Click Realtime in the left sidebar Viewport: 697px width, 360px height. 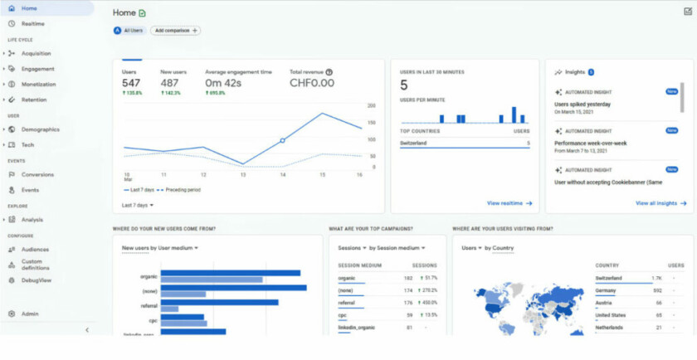coord(33,23)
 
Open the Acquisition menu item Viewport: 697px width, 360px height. coord(37,53)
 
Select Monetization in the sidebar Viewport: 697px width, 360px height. coord(38,84)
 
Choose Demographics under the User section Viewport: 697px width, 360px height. coord(41,129)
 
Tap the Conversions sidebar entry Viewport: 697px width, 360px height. coord(37,174)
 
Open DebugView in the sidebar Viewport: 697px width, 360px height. coord(36,280)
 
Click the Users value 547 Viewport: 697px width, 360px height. coord(131,83)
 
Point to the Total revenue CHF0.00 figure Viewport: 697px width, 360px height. coord(312,83)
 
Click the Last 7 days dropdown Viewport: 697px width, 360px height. coord(138,205)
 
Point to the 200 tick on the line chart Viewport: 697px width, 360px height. coord(372,106)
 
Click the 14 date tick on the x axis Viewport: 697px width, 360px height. coord(283,175)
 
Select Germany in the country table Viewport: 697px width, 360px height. coord(607,290)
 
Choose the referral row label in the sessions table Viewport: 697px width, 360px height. coord(346,303)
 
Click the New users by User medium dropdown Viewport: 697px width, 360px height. coord(160,248)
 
